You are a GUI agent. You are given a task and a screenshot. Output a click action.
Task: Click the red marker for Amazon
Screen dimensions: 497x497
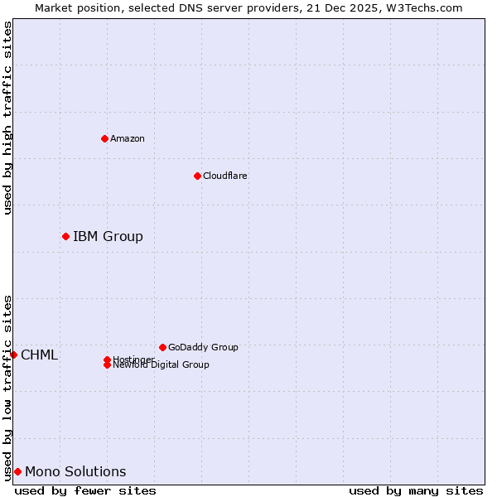[x=104, y=138]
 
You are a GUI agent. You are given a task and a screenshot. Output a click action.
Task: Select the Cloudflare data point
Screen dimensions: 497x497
[x=197, y=176]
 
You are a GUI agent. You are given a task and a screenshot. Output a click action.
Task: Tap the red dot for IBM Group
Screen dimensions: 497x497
[x=65, y=237]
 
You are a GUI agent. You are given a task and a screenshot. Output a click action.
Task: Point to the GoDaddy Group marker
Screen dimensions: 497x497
[x=162, y=347]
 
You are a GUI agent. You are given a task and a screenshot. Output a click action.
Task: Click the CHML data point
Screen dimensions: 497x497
[x=13, y=355]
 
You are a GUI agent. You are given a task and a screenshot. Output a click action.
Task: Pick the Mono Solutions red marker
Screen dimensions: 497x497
[x=17, y=471]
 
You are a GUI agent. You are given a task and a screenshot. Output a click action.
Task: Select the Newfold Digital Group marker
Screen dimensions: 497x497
[x=107, y=365]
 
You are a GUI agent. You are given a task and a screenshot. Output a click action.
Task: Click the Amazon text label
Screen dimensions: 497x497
[x=128, y=138]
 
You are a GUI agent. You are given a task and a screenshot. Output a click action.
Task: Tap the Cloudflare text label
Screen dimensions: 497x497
[x=225, y=176]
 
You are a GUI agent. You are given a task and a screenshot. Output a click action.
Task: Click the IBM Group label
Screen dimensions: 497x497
[x=108, y=237]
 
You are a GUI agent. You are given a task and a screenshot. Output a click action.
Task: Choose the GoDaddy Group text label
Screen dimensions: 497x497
[x=203, y=347]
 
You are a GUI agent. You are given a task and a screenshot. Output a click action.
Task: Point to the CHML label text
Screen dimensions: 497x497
[x=40, y=355]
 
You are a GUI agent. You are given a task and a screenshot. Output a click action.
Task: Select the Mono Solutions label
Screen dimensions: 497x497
[x=75, y=472]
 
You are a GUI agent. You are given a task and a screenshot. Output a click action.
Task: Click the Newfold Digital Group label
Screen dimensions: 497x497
[x=162, y=365]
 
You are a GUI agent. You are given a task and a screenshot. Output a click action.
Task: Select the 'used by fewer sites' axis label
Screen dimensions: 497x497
[x=85, y=490]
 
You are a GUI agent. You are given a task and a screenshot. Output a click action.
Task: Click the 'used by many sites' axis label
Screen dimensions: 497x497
[x=416, y=490]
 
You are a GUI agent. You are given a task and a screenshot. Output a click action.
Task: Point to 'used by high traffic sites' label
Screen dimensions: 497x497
[x=7, y=118]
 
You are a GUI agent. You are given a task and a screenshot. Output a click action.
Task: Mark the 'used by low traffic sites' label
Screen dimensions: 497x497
[x=7, y=387]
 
